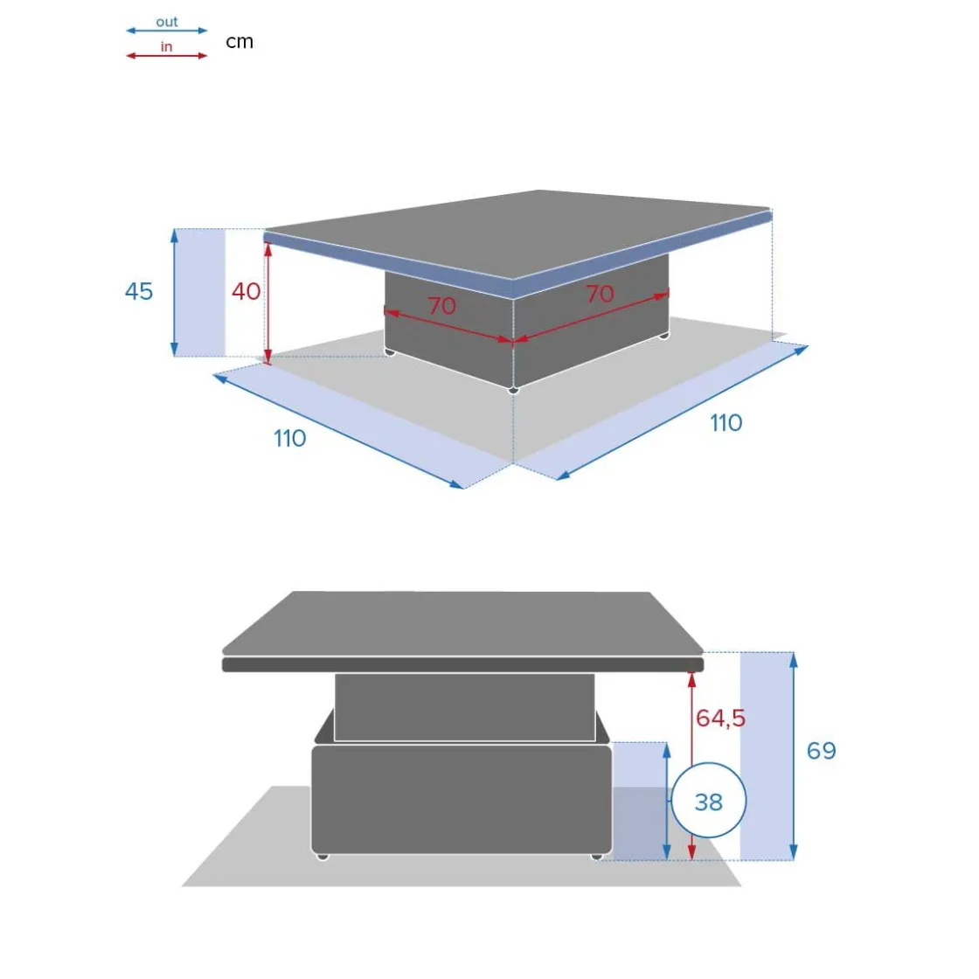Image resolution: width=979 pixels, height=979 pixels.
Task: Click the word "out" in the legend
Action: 167,22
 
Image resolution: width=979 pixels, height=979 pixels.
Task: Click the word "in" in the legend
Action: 166,47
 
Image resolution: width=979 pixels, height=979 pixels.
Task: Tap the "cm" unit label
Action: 240,42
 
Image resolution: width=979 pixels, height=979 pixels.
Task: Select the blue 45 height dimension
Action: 139,292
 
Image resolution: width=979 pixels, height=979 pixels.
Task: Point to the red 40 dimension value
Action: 246,291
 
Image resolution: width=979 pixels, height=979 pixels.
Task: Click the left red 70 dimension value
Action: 442,306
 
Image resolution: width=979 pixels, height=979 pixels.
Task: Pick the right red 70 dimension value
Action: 600,294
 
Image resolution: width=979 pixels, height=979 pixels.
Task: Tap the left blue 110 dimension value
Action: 289,438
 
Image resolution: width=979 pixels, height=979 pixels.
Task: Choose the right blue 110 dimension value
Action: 726,423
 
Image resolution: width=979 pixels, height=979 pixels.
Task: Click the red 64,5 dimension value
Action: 720,718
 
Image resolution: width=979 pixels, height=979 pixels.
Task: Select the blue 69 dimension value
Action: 821,751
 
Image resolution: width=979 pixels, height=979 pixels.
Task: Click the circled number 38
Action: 709,802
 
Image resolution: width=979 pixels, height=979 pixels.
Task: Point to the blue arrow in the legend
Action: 167,30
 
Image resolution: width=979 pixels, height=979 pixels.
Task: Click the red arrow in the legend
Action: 167,56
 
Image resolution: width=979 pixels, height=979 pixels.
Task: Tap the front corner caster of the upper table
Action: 513,390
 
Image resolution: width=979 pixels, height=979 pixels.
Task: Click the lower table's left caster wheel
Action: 323,857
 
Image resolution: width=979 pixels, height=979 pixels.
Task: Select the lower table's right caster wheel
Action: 597,857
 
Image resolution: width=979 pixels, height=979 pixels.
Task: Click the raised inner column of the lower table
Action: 464,707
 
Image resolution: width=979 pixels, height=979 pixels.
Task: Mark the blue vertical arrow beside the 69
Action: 793,756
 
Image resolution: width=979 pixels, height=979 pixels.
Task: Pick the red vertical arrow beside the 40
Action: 267,303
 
